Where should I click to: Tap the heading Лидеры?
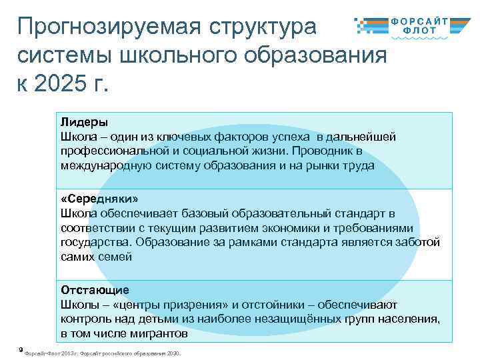pyautogui.click(x=84, y=122)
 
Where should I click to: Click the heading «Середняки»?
pyautogui.click(x=95, y=199)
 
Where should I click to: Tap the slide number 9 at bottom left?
pyautogui.click(x=21, y=348)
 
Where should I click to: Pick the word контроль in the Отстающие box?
pyautogui.click(x=83, y=319)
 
